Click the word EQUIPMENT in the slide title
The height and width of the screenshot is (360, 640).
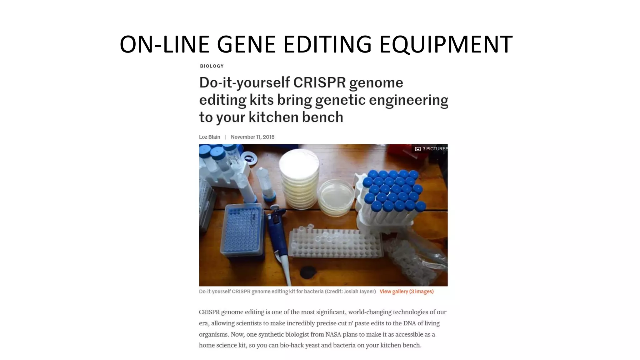(x=446, y=44)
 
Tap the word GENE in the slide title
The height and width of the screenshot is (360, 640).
(x=246, y=44)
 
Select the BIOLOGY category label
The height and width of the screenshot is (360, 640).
(x=212, y=66)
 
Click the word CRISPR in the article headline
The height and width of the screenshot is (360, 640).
(x=319, y=83)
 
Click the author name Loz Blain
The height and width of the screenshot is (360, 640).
(x=209, y=137)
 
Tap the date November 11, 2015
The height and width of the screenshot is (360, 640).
(x=252, y=137)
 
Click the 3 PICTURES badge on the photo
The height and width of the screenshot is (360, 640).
(x=432, y=149)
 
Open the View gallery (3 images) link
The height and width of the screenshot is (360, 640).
(x=407, y=292)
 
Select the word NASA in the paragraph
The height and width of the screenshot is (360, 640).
(x=333, y=334)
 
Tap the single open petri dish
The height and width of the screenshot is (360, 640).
(x=336, y=197)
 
